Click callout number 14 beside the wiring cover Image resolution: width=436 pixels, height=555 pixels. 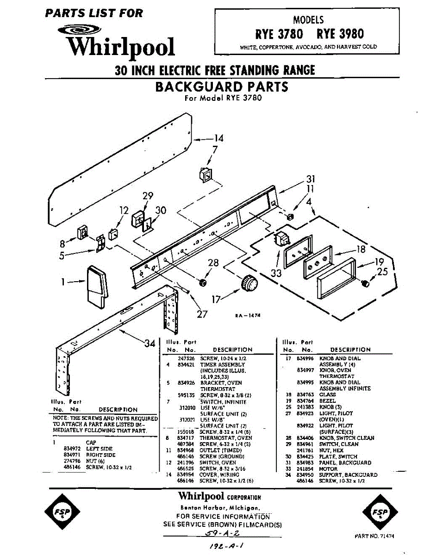click(218, 138)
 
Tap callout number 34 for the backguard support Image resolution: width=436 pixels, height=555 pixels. click(149, 343)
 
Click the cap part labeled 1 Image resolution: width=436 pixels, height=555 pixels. click(97, 288)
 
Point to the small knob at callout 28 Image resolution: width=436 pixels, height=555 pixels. click(202, 282)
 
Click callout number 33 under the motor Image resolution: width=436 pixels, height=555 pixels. click(276, 273)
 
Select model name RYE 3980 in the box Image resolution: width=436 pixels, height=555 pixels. click(340, 34)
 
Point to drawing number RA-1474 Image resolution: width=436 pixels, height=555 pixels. click(248, 315)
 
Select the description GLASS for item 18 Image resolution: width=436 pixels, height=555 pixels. click(328, 395)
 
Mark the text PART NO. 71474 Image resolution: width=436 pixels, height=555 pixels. click(374, 536)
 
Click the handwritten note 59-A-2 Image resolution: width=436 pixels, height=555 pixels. click(222, 533)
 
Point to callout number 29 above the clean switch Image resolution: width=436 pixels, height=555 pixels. click(148, 196)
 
